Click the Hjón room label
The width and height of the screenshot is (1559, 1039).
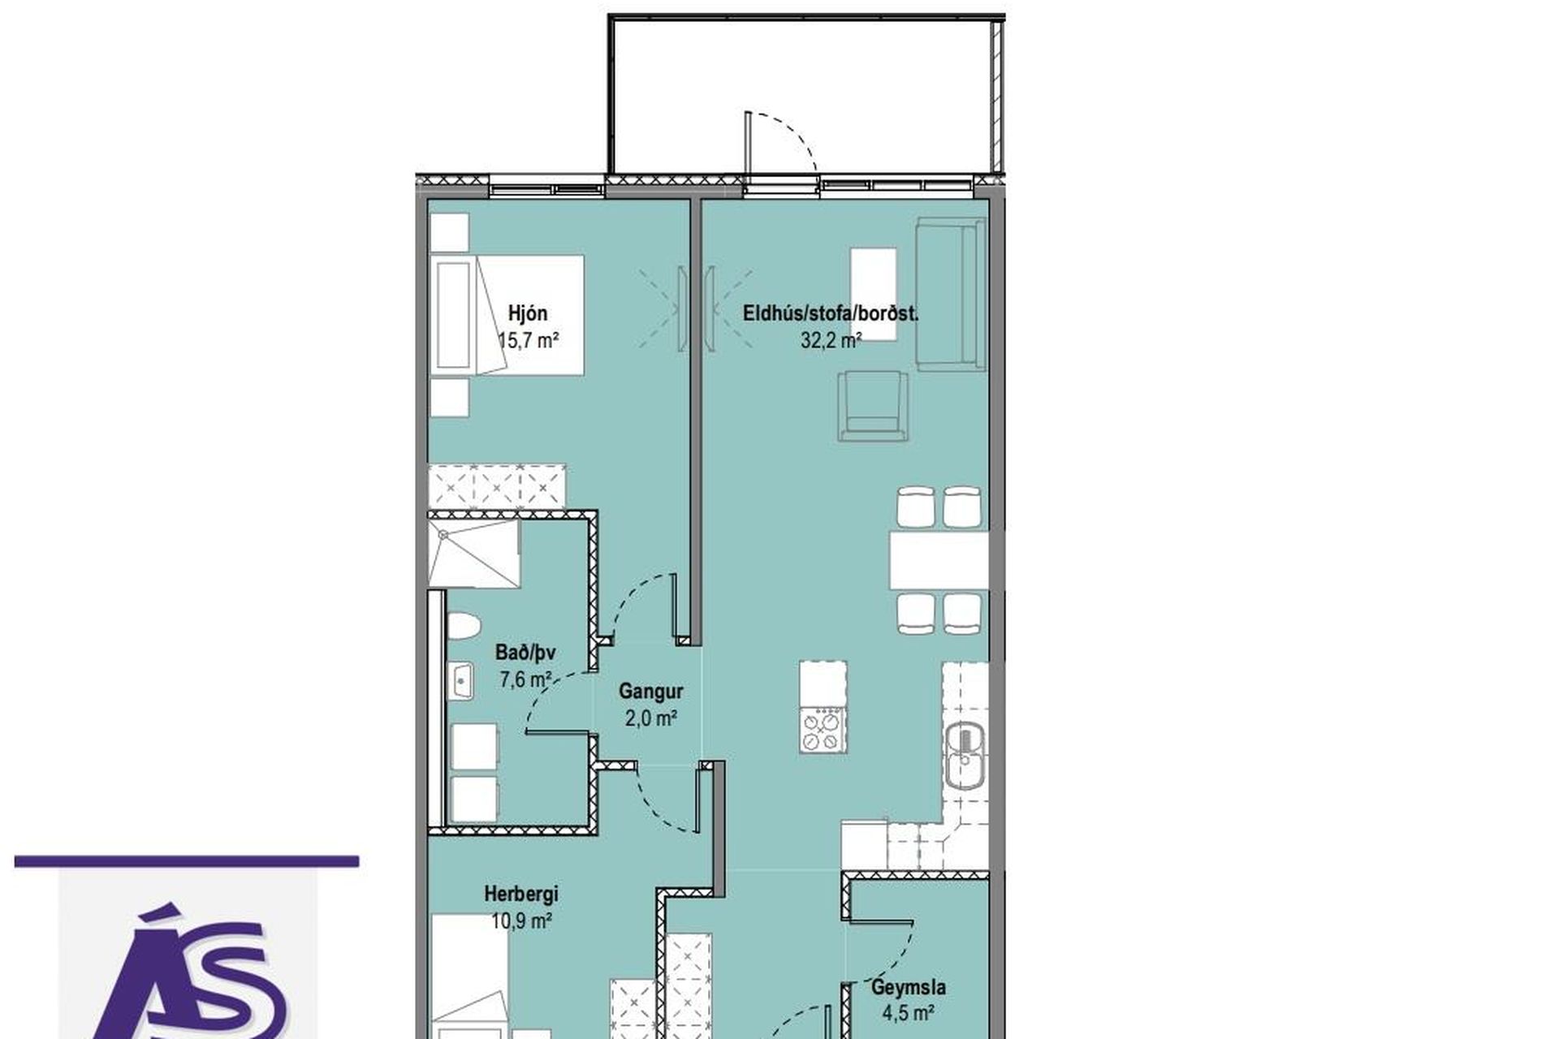528,313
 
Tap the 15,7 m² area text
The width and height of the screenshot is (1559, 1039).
528,340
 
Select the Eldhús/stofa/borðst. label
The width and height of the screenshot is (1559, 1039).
831,313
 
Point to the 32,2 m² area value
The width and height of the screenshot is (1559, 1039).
831,340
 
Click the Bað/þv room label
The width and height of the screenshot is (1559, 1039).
525,653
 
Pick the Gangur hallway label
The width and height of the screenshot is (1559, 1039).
650,692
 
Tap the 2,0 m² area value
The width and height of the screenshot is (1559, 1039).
650,718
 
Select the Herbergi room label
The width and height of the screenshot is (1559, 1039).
521,894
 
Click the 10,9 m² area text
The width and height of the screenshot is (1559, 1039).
521,920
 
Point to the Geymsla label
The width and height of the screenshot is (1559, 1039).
909,988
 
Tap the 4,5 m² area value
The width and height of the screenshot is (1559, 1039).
909,1013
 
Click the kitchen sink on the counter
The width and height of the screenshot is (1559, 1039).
965,755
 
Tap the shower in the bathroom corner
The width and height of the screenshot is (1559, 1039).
473,554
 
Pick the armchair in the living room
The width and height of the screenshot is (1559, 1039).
873,406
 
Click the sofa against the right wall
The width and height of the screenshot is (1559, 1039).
950,294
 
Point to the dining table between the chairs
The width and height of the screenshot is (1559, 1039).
939,560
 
